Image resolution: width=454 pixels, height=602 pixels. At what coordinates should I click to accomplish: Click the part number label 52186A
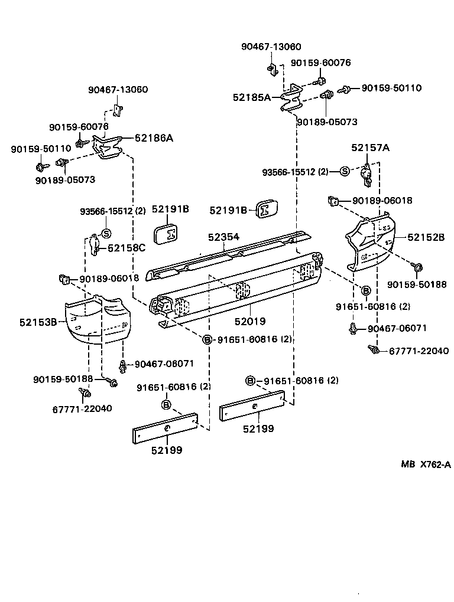(154, 138)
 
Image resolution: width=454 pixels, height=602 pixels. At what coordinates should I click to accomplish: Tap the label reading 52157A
(371, 148)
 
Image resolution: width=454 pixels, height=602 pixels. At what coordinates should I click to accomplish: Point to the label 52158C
(127, 248)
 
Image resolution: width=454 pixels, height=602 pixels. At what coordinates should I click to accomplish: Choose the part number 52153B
(38, 322)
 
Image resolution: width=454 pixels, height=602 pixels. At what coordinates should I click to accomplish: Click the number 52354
(223, 237)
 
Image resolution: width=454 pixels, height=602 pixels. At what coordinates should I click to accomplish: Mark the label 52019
(249, 322)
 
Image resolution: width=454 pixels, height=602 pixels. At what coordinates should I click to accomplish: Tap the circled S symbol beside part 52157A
(345, 172)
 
